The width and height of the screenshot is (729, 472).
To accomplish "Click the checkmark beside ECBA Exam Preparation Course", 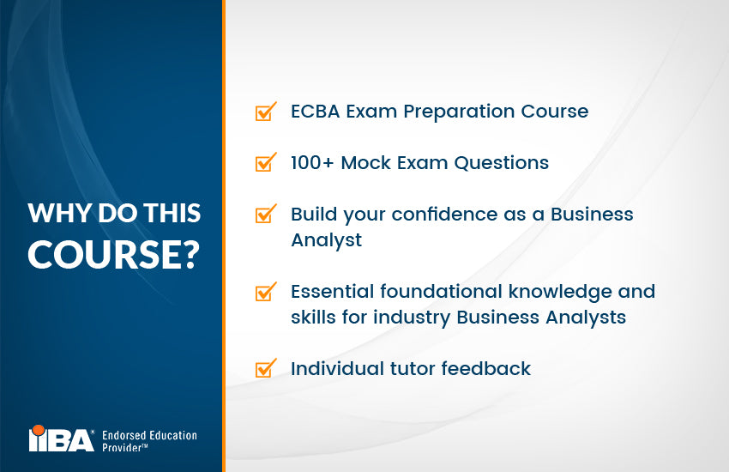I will tap(265, 112).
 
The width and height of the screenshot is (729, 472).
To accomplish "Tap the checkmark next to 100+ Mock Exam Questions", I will tap(265, 162).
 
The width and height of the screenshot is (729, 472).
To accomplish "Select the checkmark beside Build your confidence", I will tap(265, 214).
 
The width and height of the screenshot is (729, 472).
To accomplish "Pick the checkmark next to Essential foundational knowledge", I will tap(265, 292).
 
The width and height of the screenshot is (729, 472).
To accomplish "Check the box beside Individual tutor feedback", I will tap(265, 369).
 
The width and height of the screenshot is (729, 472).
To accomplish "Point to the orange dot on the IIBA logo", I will tap(38, 429).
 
